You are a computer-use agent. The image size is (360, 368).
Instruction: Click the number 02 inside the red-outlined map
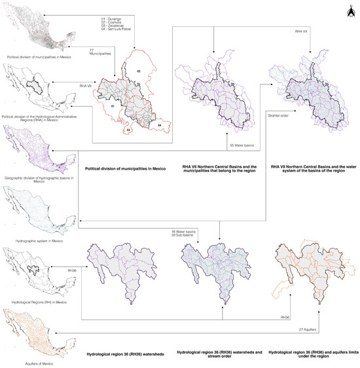[x=138, y=69]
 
